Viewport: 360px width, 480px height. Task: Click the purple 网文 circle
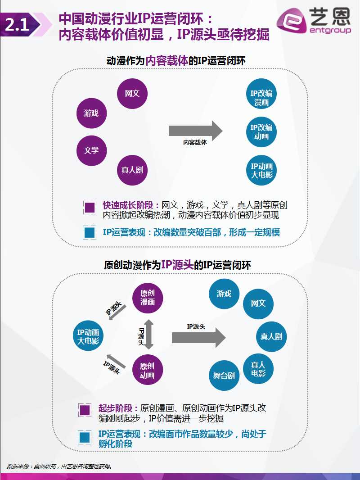tap(132, 94)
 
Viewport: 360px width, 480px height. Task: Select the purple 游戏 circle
tap(91, 113)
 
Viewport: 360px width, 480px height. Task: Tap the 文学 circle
tap(91, 150)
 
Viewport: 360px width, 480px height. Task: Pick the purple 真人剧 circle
tap(132, 170)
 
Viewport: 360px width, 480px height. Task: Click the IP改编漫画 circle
tap(261, 98)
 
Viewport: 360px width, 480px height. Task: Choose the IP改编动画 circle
tap(261, 132)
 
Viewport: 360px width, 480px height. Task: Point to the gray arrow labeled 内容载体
tap(195, 131)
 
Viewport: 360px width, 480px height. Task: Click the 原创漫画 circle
tap(148, 297)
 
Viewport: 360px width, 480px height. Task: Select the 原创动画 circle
tap(147, 371)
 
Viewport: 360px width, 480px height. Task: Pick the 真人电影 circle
tap(258, 369)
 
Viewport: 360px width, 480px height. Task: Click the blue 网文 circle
tap(258, 303)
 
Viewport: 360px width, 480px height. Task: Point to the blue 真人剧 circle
tap(271, 336)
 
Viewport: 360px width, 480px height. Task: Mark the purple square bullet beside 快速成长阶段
tap(90, 208)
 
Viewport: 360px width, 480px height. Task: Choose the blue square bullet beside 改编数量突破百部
tap(90, 233)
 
